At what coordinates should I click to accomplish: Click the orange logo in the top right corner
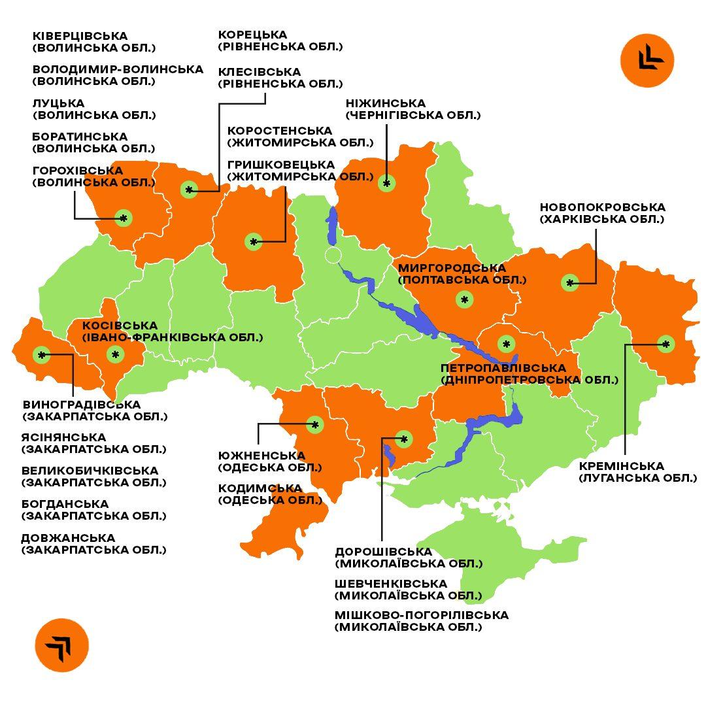pos(647,60)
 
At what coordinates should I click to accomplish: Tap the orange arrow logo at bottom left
pos(61,645)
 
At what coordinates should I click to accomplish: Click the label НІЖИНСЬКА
pos(385,103)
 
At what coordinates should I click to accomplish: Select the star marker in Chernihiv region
pos(386,184)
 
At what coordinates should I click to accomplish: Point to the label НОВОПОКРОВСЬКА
pos(602,207)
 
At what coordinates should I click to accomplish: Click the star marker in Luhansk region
pos(665,344)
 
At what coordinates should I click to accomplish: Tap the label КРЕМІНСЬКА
pos(621,466)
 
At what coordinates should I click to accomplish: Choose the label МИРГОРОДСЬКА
pos(452,268)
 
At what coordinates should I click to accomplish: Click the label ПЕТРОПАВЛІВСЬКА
pos(503,368)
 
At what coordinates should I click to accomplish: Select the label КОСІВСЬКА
pos(120,326)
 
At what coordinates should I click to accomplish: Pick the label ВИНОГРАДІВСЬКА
pos(81,405)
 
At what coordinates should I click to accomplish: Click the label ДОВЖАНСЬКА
pos(68,538)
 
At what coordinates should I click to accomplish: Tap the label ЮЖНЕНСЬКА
pos(261,456)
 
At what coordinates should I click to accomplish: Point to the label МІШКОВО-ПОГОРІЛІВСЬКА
pos(421,615)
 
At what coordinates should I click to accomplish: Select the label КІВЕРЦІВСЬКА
pos(80,36)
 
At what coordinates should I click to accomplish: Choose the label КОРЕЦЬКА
pos(252,35)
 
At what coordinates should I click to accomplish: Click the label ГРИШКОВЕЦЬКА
pos(280,165)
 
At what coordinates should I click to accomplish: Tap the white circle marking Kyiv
pos(333,255)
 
